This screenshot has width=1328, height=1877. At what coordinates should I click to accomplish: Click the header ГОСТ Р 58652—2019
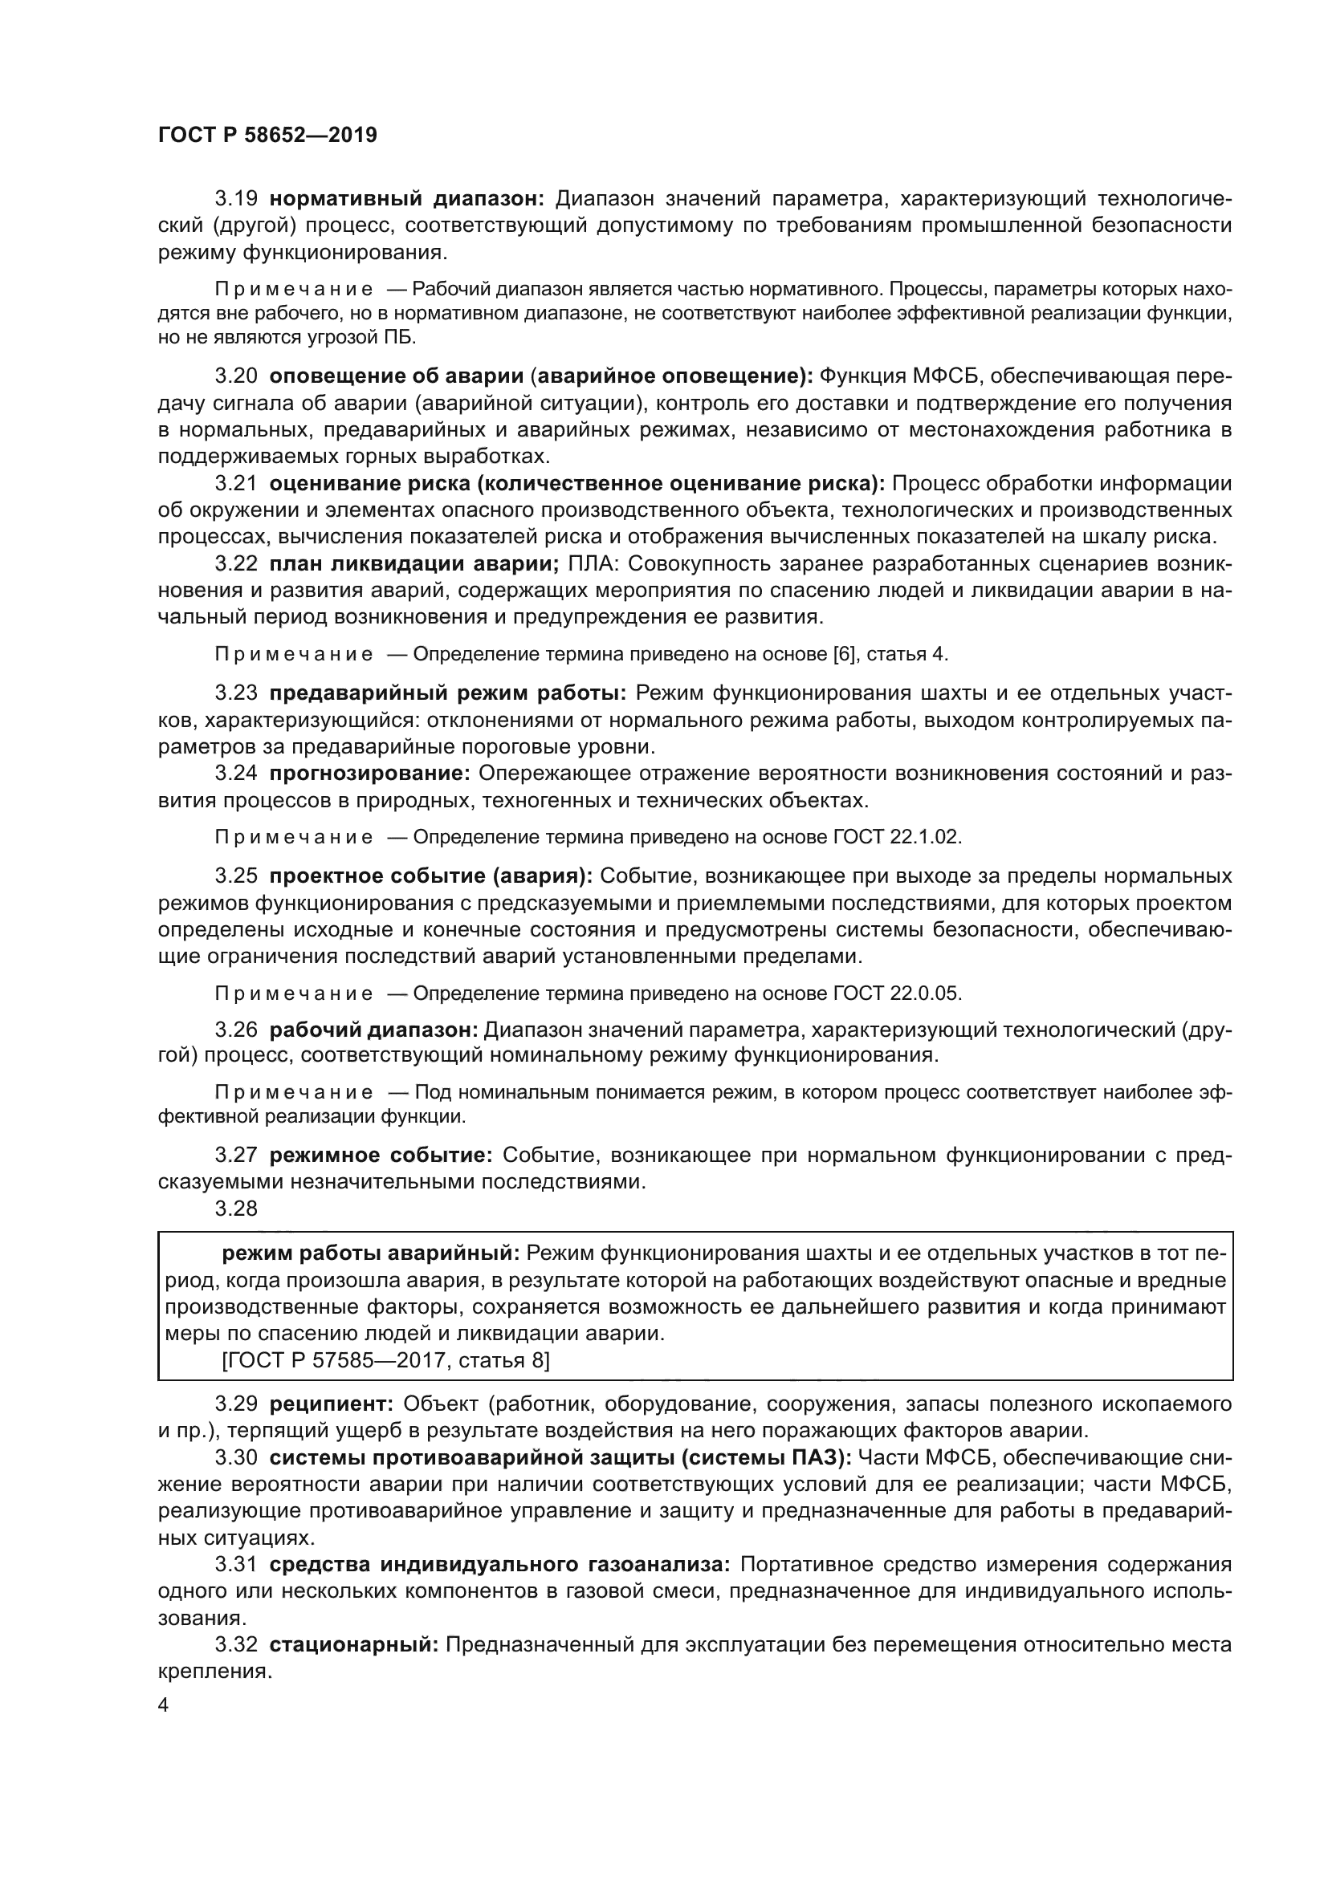[267, 135]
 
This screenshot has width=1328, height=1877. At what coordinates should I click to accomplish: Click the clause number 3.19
[236, 199]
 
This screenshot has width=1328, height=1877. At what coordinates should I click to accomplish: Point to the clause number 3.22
[236, 564]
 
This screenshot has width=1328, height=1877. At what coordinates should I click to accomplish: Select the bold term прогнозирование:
[369, 774]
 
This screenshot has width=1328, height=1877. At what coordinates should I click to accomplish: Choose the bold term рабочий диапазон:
[373, 1030]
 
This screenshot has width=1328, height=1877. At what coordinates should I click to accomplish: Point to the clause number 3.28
[236, 1209]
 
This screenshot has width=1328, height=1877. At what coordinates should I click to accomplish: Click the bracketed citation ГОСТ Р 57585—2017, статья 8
[386, 1360]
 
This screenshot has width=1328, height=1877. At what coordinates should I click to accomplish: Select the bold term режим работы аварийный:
[370, 1253]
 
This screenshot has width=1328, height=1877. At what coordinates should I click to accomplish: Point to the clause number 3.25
[236, 876]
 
